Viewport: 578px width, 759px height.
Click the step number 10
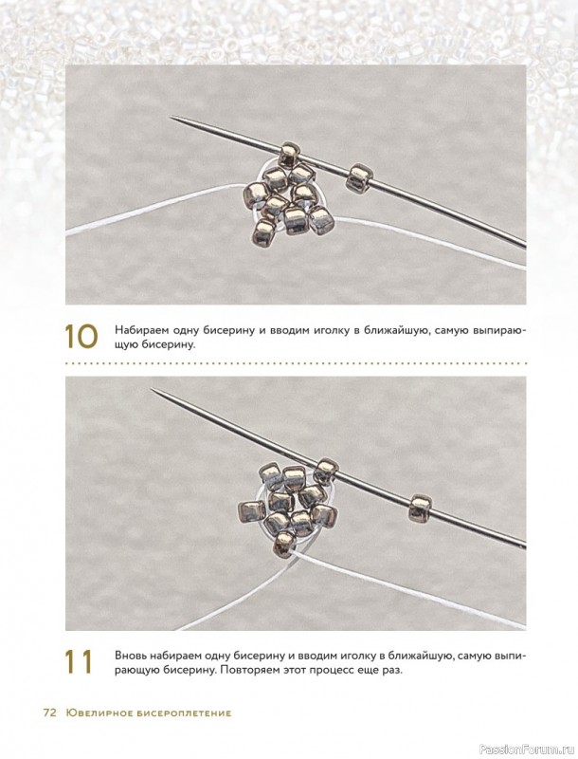81,336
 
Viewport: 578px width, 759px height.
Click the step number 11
79,662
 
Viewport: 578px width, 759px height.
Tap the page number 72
50,713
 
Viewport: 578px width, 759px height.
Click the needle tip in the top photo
171,117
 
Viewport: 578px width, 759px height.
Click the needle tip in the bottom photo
152,389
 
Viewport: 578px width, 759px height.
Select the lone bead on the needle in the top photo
359,177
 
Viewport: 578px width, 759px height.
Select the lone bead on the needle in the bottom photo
420,508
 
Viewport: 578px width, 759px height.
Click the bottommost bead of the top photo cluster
263,232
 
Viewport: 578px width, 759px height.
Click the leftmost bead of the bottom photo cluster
251,511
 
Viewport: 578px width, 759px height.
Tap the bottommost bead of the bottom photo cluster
284,544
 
